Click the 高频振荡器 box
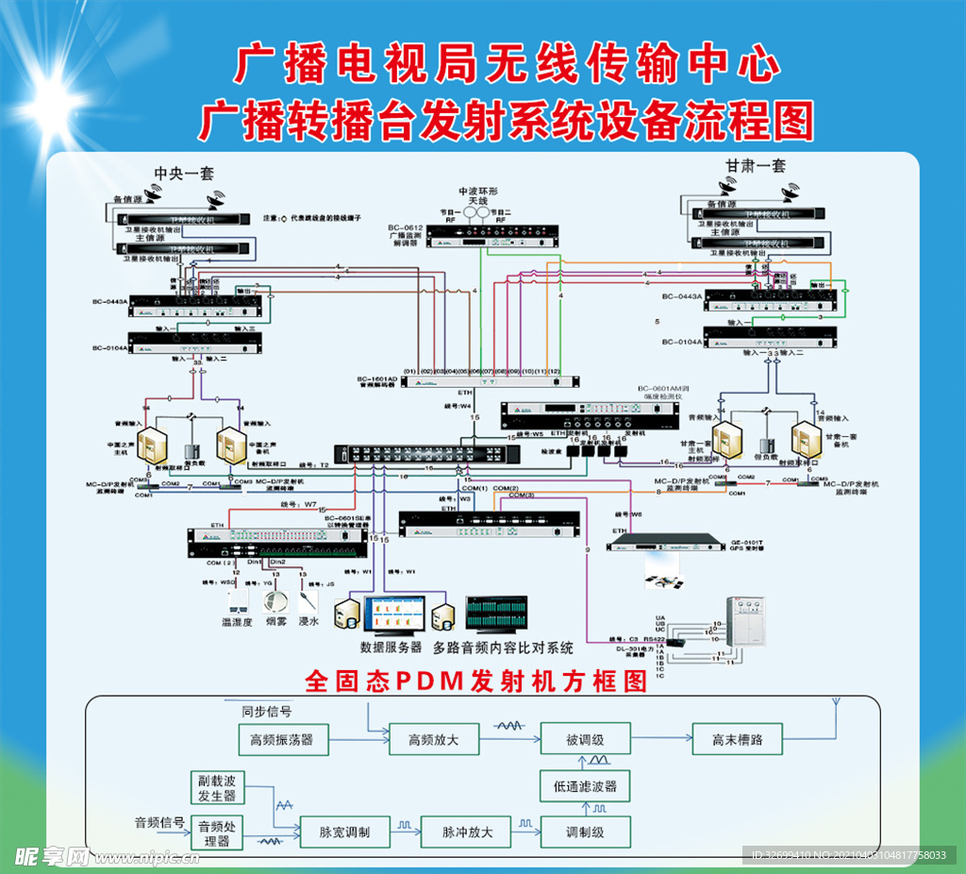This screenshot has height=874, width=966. tap(282, 739)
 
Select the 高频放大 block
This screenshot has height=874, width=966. tap(433, 739)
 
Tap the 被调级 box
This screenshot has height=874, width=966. tap(585, 739)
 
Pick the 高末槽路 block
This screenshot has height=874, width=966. tap(738, 739)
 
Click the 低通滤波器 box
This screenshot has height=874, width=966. tap(585, 785)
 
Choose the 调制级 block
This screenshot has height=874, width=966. tap(585, 832)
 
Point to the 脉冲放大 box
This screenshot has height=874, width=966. tap(468, 832)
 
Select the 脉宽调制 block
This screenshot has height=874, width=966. tap(343, 832)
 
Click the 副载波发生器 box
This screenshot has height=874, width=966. tap(216, 788)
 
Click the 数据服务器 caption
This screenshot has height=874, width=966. tap(391, 647)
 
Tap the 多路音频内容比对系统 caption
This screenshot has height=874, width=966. tap(503, 647)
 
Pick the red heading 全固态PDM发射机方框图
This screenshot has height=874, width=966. tap(476, 681)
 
